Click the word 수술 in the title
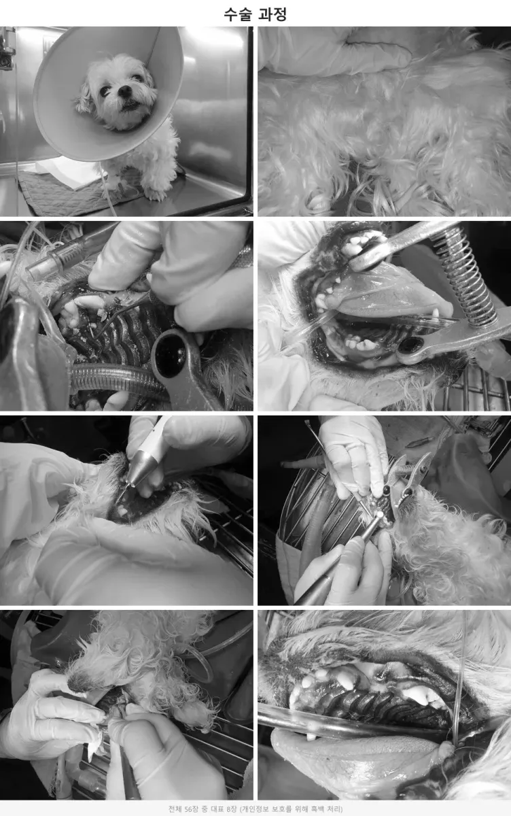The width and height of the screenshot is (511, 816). pyautogui.click(x=236, y=14)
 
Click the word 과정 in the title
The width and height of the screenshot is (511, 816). pyautogui.click(x=272, y=14)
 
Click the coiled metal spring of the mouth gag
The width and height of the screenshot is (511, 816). pyautogui.click(x=467, y=276)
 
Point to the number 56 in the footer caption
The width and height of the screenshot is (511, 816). pyautogui.click(x=188, y=809)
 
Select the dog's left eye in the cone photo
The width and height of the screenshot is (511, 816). pyautogui.click(x=137, y=78)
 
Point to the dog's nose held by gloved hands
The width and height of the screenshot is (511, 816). pyautogui.click(x=75, y=681)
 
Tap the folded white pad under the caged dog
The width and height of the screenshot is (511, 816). pyautogui.click(x=69, y=173)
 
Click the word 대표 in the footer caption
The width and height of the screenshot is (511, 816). pyautogui.click(x=216, y=809)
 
